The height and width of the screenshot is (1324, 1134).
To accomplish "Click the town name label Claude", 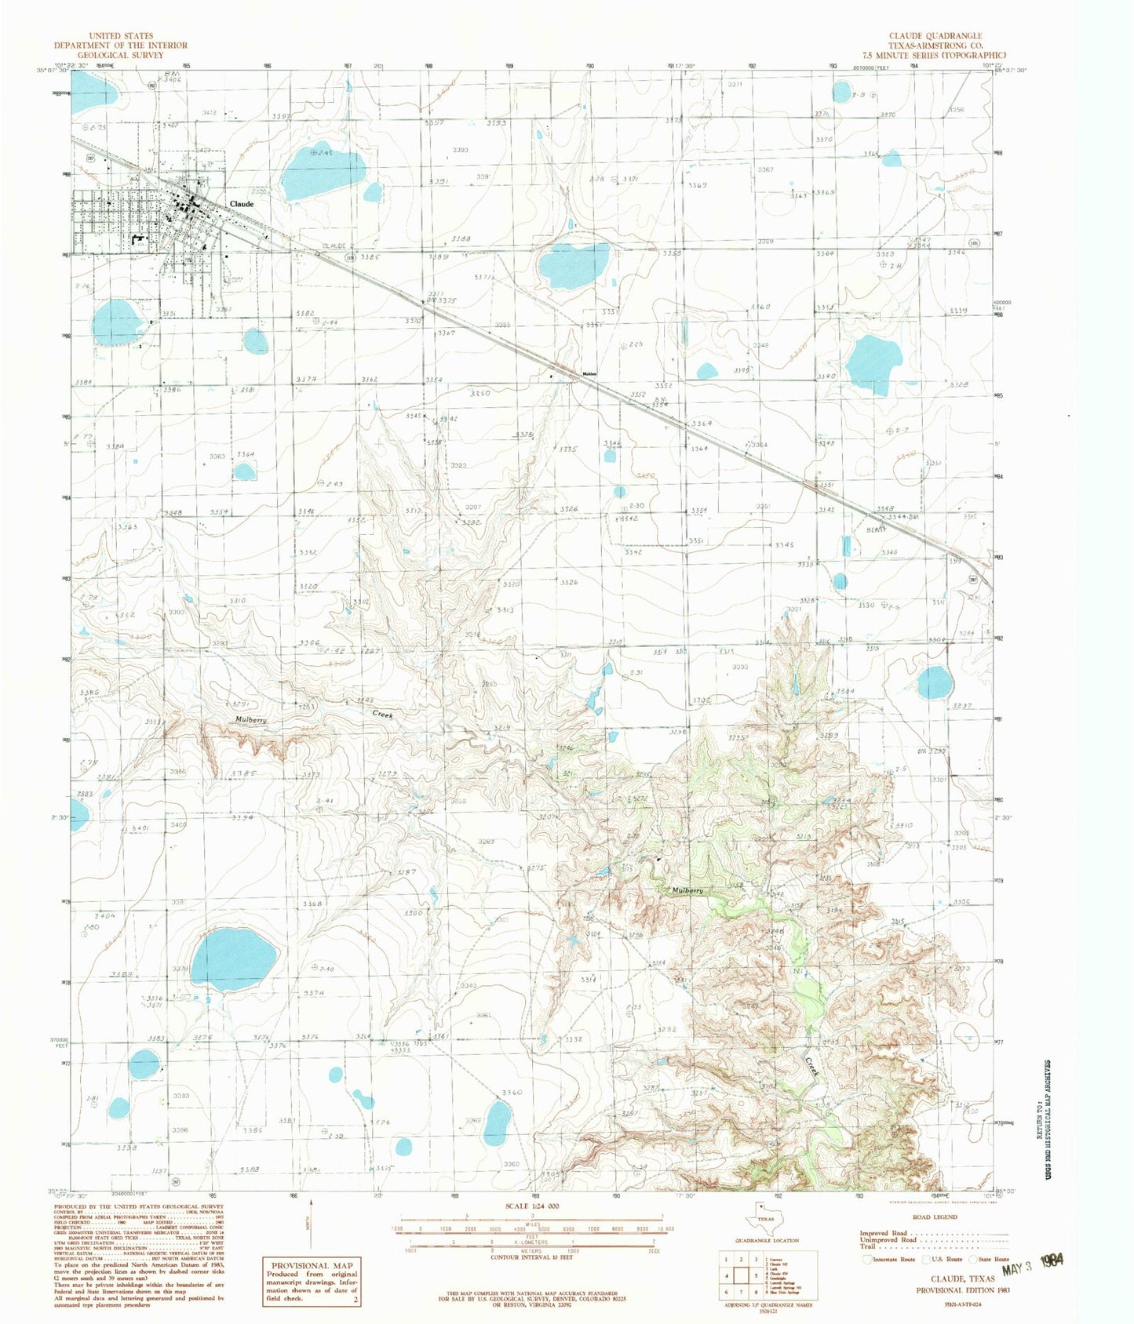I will point(241,204).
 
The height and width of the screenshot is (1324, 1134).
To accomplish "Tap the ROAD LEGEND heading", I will point(934,1217).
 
